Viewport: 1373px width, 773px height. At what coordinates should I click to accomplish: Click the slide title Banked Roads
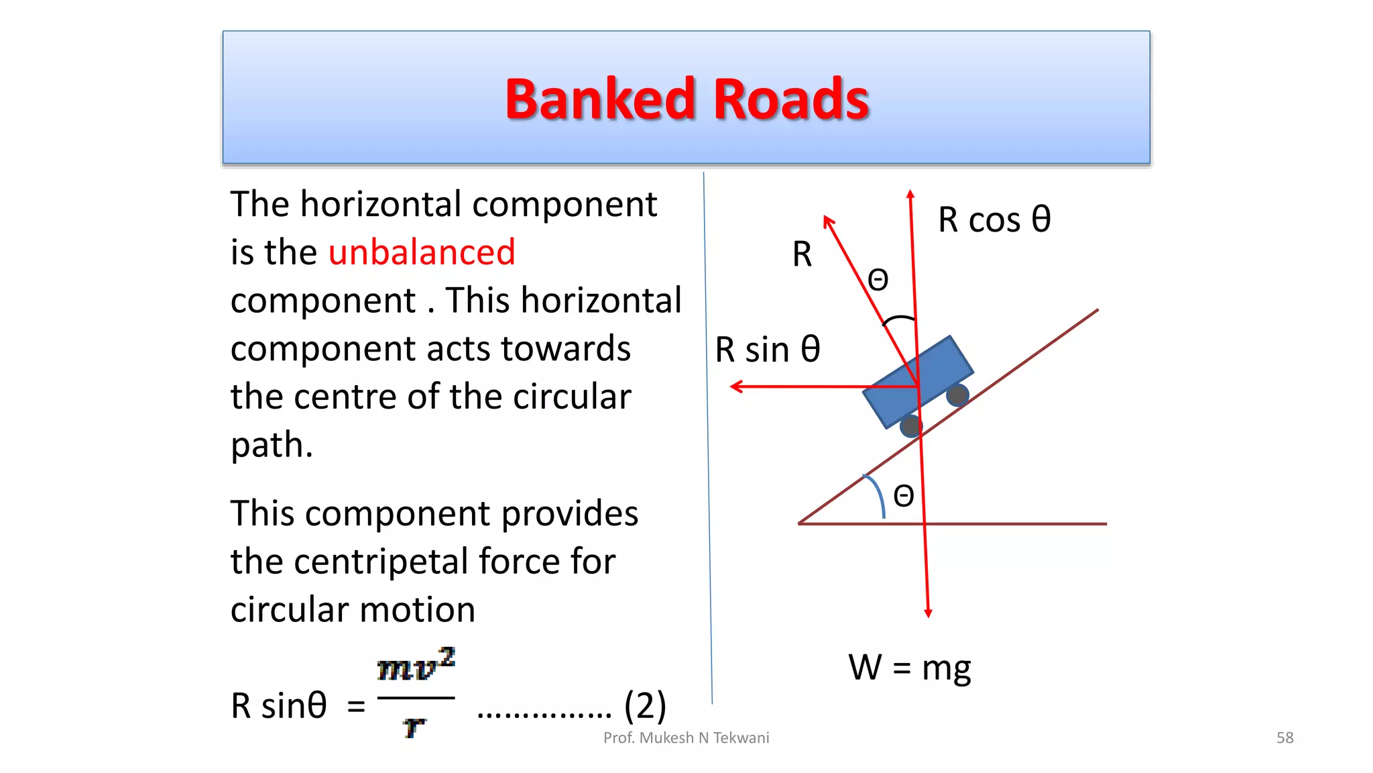tap(686, 99)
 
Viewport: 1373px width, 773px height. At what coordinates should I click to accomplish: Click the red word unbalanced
tap(422, 252)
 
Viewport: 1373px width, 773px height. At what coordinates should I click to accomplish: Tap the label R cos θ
tap(994, 219)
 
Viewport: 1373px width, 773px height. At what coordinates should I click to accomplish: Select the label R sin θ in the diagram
tap(767, 350)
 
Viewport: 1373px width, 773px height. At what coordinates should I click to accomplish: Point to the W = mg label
tap(909, 667)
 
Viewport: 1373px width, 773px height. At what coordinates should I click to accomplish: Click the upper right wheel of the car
tap(957, 395)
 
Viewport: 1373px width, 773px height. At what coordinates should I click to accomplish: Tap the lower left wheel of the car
tap(910, 426)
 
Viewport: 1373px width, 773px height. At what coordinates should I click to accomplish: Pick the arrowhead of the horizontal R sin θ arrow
tap(736, 386)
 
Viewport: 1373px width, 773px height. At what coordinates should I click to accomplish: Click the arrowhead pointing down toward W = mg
tap(928, 612)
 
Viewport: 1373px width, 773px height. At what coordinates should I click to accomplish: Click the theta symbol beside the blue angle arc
tap(904, 497)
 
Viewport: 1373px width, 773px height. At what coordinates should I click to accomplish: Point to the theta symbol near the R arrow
tap(878, 279)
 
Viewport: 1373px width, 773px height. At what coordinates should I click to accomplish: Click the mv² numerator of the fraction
tap(416, 666)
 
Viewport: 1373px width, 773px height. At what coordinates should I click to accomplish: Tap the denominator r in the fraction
tap(414, 726)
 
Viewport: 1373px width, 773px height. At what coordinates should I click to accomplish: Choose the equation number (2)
tap(645, 706)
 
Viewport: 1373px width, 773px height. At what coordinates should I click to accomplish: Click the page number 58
tap(1285, 738)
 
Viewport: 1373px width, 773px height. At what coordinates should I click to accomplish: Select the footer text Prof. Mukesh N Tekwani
tap(686, 738)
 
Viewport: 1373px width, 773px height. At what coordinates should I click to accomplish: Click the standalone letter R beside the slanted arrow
tap(802, 254)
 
